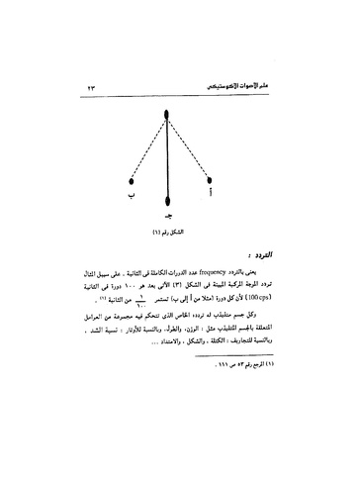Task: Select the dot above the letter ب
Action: pos(132,180)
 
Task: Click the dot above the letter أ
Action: pos(209,180)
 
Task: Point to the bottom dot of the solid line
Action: pos(169,198)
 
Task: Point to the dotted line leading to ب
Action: pos(147,148)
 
